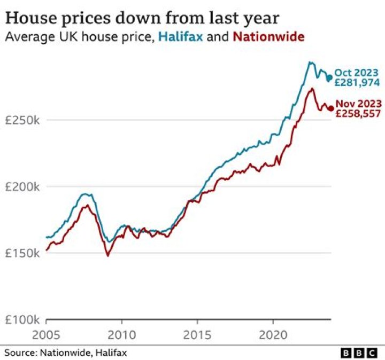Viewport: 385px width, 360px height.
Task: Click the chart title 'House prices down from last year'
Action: point(142,18)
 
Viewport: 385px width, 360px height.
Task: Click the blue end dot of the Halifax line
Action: point(329,78)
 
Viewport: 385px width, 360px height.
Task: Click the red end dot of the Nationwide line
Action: point(330,109)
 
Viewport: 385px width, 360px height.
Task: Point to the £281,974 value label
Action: point(357,83)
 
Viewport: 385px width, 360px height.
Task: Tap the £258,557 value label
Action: point(358,114)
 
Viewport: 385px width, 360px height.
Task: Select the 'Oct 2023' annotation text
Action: point(357,73)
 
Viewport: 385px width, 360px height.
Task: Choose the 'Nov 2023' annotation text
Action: point(358,104)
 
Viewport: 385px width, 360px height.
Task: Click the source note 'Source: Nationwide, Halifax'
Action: point(66,353)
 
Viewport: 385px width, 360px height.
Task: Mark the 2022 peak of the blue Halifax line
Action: point(310,62)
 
